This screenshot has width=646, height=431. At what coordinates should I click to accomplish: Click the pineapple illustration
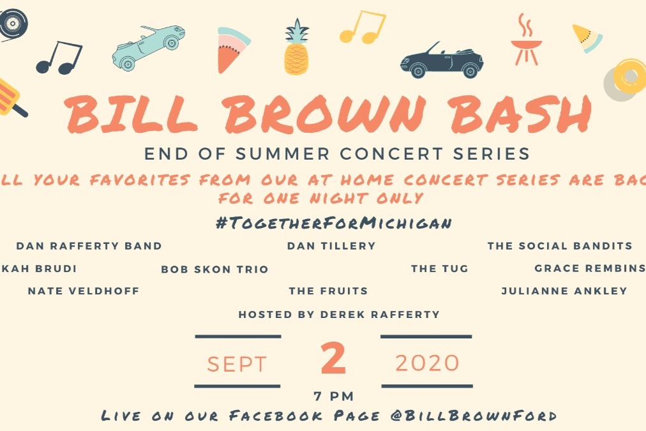click(x=296, y=49)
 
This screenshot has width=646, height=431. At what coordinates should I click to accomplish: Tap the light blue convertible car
click(x=149, y=47)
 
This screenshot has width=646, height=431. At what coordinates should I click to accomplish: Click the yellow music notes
click(x=363, y=27)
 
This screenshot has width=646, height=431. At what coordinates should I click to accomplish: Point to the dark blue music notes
click(x=59, y=57)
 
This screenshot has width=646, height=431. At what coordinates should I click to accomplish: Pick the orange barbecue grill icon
click(x=526, y=40)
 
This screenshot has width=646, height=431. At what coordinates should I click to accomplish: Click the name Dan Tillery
click(x=331, y=246)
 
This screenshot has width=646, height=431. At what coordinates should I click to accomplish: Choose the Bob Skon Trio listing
click(x=214, y=269)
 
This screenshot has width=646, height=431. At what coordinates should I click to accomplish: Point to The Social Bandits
click(x=560, y=246)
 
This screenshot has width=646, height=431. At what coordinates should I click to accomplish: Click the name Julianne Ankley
click(x=564, y=291)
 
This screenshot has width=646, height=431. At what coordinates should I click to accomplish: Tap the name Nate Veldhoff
click(x=84, y=291)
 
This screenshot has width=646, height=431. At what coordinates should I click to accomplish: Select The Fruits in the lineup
click(x=328, y=291)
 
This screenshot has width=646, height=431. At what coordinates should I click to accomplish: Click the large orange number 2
click(x=333, y=359)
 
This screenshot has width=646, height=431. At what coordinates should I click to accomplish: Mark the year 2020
click(x=427, y=363)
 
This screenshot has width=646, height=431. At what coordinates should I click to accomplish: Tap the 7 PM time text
click(x=333, y=397)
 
